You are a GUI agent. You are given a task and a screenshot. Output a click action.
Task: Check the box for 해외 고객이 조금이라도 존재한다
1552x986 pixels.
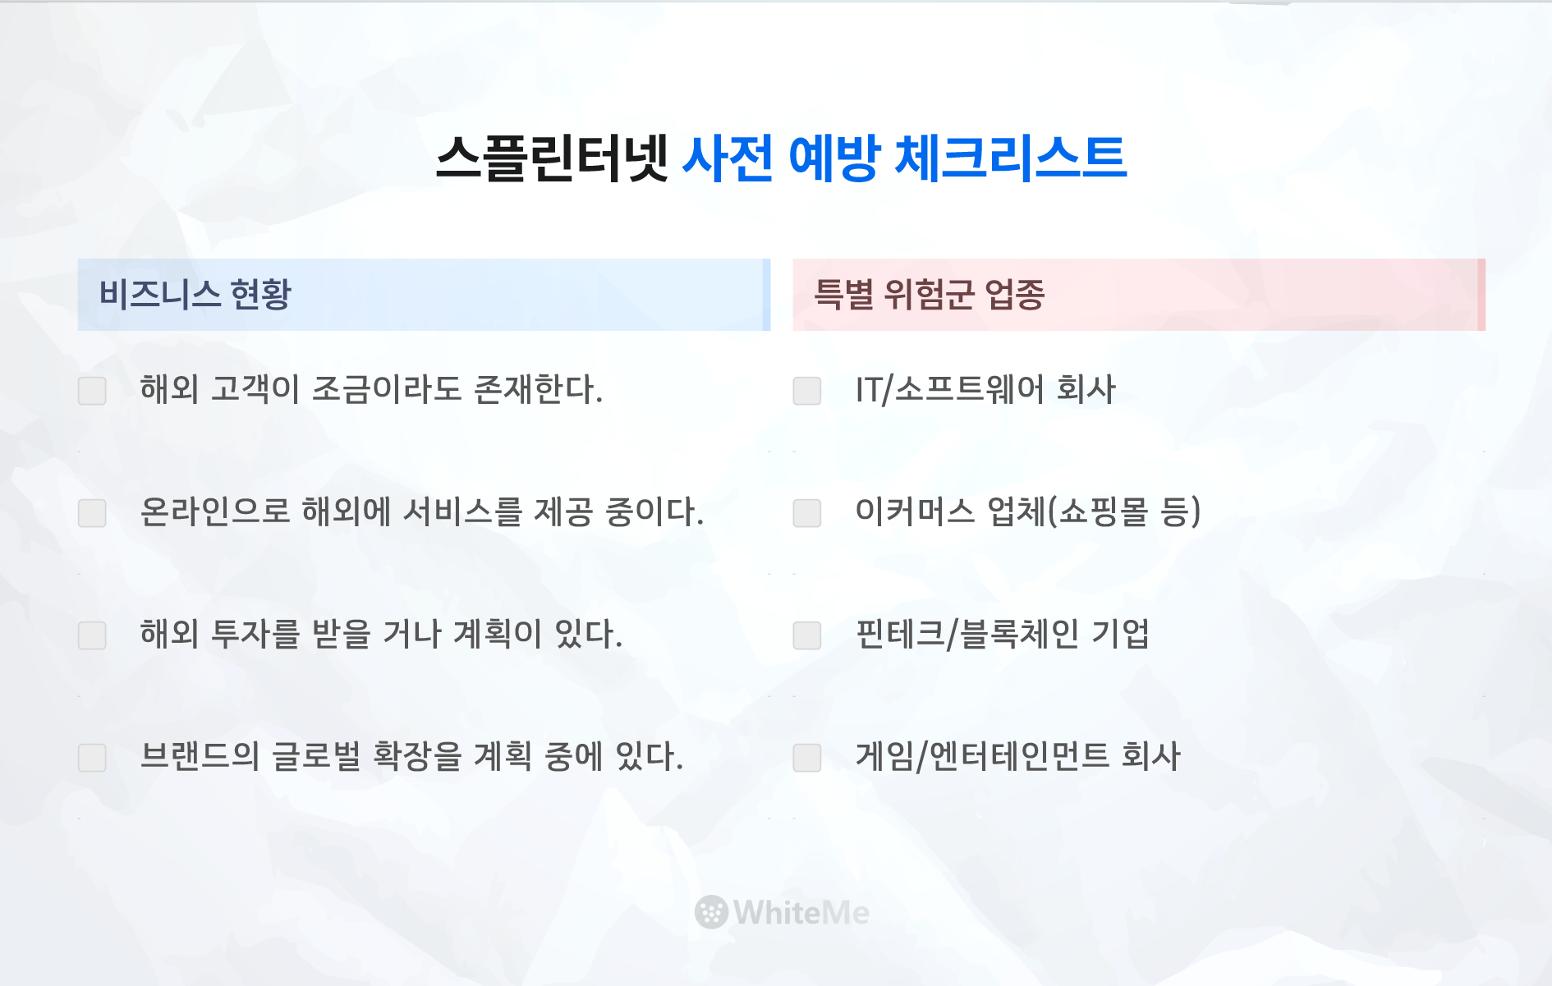point(92,391)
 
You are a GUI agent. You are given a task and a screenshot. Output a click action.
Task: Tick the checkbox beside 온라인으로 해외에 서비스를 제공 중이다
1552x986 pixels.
point(92,513)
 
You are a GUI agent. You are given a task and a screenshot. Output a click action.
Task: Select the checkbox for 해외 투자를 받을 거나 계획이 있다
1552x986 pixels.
point(92,635)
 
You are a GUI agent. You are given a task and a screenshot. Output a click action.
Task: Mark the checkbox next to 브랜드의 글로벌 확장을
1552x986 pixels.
point(92,758)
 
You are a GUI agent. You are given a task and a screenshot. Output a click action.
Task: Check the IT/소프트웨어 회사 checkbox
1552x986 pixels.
point(807,391)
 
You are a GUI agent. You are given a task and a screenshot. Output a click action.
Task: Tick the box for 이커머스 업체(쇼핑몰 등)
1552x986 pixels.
point(807,513)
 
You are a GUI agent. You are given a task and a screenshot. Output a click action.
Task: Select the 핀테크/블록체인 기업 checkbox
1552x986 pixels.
point(807,635)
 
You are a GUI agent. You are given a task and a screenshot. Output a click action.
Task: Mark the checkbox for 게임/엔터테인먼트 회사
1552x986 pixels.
point(807,758)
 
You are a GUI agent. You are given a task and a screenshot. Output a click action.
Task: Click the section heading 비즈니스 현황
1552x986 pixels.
point(195,294)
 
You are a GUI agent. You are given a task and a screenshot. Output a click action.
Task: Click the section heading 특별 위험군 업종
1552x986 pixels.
point(929,294)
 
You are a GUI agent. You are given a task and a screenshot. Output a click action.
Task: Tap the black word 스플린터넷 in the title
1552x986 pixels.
point(552,157)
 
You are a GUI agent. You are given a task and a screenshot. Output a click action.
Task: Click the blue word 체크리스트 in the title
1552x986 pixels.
point(1010,157)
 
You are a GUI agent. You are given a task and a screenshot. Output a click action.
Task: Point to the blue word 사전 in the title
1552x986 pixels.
point(728,157)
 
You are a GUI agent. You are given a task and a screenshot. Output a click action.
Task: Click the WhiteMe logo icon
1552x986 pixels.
point(711,912)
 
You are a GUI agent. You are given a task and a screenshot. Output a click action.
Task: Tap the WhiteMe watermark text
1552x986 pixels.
point(801,912)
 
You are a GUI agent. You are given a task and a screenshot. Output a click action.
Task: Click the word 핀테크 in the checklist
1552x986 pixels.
point(900,634)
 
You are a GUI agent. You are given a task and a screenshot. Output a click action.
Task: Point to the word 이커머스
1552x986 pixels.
point(915,511)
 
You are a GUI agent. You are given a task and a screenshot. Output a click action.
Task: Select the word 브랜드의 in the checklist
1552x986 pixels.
point(200,756)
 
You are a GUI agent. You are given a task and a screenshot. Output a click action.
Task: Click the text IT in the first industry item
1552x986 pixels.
point(868,390)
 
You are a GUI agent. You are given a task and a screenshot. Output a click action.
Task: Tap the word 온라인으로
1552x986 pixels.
point(215,511)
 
